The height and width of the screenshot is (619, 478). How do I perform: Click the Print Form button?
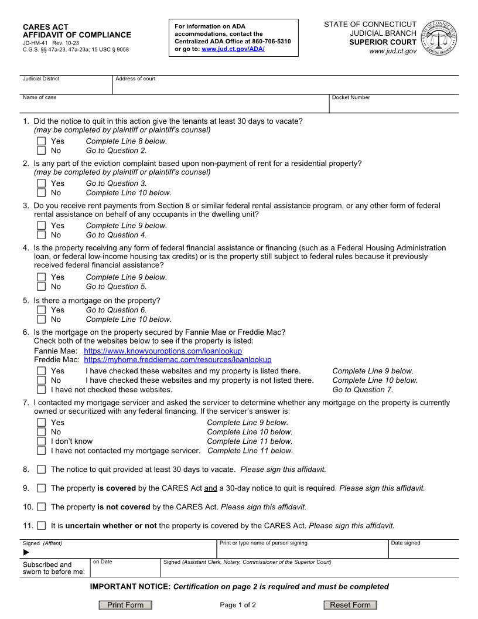tap(125, 605)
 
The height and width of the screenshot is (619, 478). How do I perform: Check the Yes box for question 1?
tap(41, 141)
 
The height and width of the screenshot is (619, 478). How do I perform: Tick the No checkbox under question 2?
tap(41, 193)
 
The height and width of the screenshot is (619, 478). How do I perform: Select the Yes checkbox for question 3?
tap(41, 226)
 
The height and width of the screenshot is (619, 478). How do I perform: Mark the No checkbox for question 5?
tap(41, 319)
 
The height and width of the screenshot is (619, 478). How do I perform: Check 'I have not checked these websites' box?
tap(41, 390)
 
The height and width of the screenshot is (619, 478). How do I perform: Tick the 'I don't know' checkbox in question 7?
tap(41, 441)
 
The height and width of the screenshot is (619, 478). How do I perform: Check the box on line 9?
tap(41, 488)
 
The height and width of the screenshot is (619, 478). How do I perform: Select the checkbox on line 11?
tap(41, 526)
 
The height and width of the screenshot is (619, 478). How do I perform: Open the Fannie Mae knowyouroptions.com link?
tap(163, 351)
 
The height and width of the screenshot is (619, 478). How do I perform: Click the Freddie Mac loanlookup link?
tap(177, 360)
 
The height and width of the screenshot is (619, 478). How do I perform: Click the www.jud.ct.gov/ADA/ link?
tap(233, 49)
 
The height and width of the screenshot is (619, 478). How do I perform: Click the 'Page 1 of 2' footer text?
tap(238, 605)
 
